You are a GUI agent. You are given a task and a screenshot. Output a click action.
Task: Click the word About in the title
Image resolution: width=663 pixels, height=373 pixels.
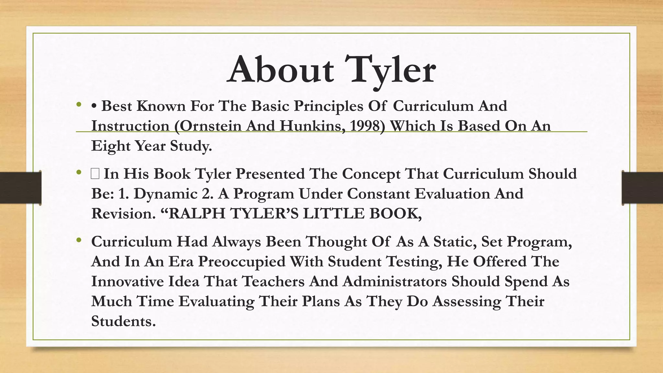[x=280, y=70]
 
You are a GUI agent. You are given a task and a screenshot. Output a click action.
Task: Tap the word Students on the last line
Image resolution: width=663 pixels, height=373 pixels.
[x=123, y=321]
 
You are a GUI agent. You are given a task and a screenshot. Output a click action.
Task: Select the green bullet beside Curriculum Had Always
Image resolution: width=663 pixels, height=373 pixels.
[x=79, y=240]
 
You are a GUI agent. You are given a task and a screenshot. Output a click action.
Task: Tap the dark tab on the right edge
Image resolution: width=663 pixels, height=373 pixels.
[x=642, y=188]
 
